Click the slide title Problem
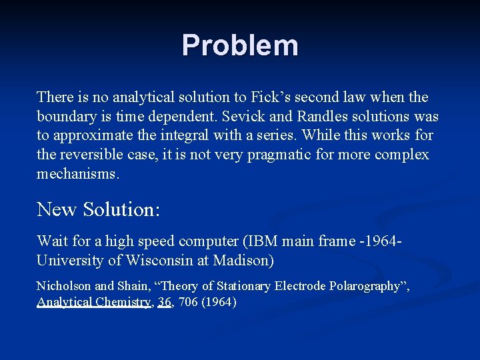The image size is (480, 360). point(240,45)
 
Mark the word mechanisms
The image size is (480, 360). point(78,175)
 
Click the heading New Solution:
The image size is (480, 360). point(99,209)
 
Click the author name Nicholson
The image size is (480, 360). point(64,286)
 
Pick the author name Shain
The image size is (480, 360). point(135,286)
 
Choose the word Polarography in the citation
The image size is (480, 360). point(361,286)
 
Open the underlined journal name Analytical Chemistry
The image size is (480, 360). point(94,302)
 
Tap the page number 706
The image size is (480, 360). point(189,302)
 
